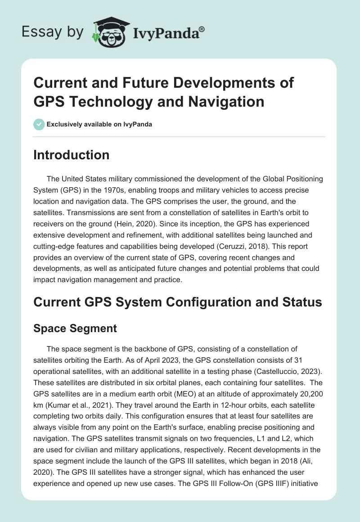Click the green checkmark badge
click(x=39, y=124)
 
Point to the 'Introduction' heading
click(x=72, y=155)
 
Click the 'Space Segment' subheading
click(x=75, y=328)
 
